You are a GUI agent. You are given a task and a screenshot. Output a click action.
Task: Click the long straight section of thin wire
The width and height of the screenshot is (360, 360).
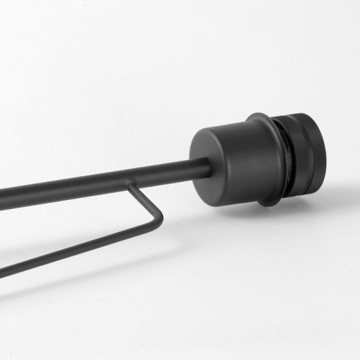click(x=76, y=249)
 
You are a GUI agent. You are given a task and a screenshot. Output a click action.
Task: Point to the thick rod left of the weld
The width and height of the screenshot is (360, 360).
click(x=62, y=189)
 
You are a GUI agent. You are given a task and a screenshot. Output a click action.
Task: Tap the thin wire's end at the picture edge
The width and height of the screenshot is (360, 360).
click(x=3, y=272)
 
